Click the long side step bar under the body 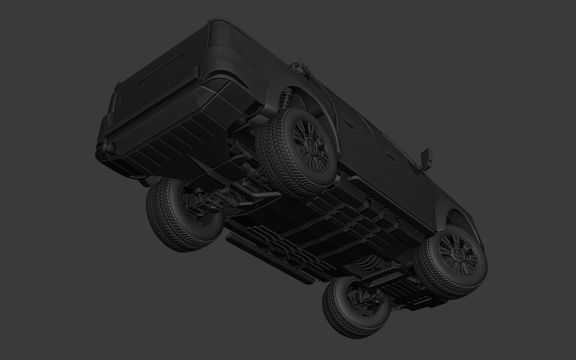click(x=267, y=257)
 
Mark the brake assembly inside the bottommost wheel click(x=363, y=297)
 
